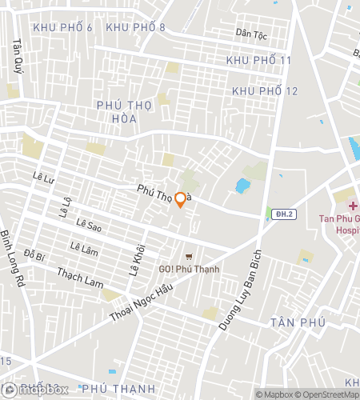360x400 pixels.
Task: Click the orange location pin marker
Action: (181, 200)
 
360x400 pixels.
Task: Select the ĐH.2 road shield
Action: (282, 214)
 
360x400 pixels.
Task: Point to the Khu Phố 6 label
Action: (62, 28)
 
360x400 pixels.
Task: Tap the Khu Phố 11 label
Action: (258, 61)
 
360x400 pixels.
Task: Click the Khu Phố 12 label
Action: (265, 91)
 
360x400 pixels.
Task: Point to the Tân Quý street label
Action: (16, 55)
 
